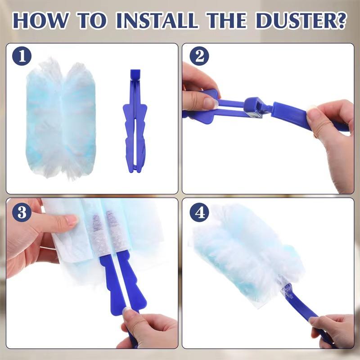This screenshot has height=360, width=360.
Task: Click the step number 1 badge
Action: [x=22, y=57]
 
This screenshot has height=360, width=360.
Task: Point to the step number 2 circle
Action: [x=198, y=57]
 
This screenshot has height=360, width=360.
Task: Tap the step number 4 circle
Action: [x=198, y=212]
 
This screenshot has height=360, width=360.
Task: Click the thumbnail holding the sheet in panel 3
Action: [x=71, y=220]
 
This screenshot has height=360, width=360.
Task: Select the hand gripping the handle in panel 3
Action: [x=144, y=326]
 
